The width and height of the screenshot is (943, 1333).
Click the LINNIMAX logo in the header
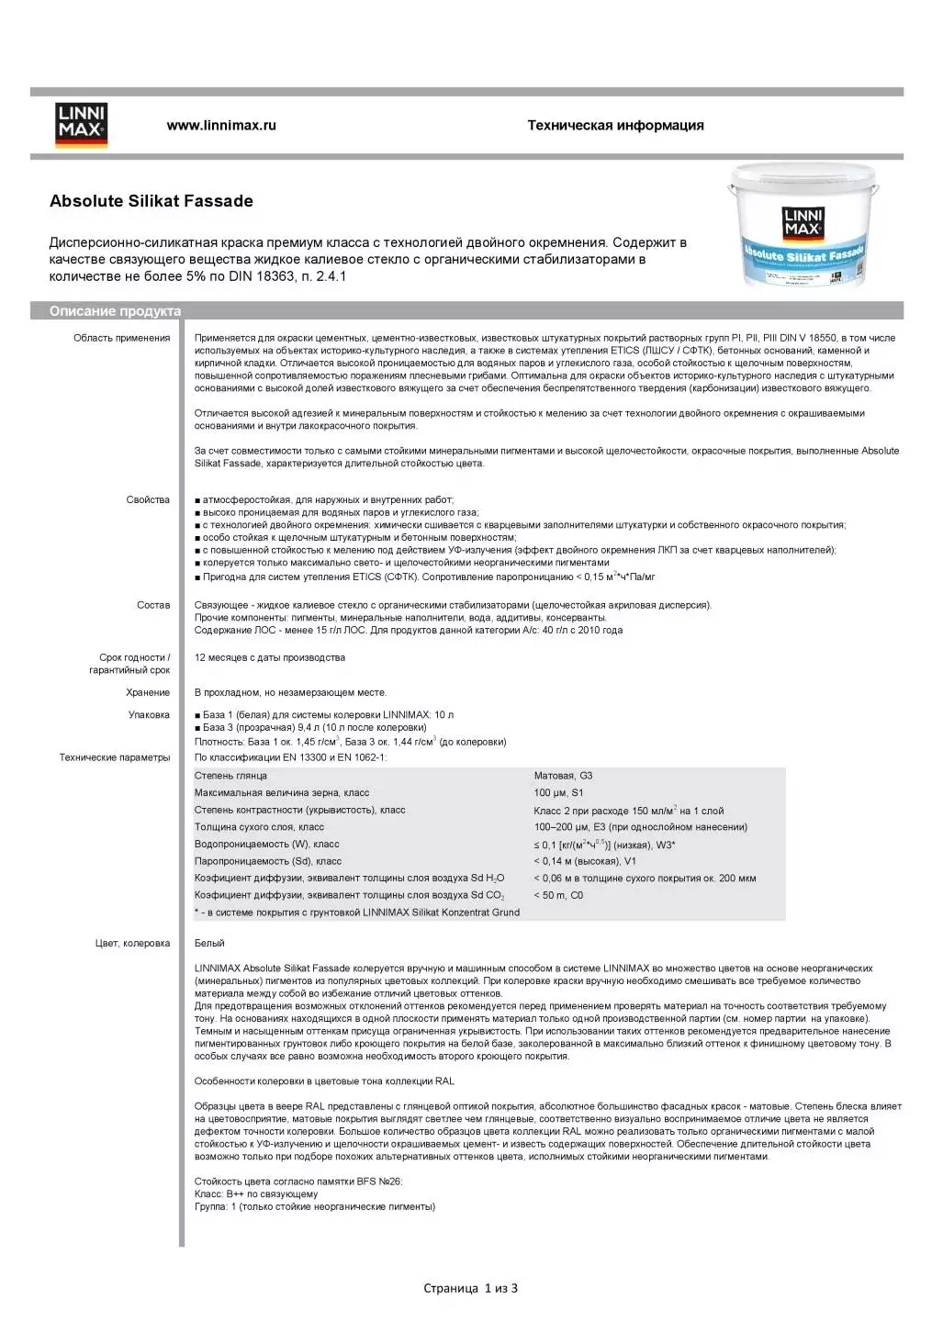click(82, 125)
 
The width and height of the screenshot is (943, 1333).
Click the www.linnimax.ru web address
click(221, 125)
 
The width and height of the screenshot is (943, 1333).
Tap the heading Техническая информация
click(615, 125)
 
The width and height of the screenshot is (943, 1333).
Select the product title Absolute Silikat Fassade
click(152, 201)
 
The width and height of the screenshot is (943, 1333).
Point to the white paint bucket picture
click(802, 225)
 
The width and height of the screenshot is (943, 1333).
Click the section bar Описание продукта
click(116, 311)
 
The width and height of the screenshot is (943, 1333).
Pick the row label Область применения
click(122, 338)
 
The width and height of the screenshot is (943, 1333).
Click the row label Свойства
click(148, 499)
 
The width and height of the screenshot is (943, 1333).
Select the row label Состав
click(153, 605)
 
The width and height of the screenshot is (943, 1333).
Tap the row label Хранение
click(148, 692)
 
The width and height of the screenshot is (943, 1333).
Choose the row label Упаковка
click(149, 714)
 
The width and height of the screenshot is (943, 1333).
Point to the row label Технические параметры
click(115, 757)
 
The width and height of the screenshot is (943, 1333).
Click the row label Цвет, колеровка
click(132, 943)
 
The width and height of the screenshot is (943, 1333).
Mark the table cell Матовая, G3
click(563, 776)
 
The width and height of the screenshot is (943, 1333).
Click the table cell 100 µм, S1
click(558, 792)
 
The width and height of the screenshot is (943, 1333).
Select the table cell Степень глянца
click(230, 776)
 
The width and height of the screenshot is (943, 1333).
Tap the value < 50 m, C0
click(558, 895)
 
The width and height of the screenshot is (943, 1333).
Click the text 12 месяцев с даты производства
click(270, 657)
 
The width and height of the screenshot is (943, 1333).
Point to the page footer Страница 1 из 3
click(470, 1288)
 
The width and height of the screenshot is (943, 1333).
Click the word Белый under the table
click(209, 943)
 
